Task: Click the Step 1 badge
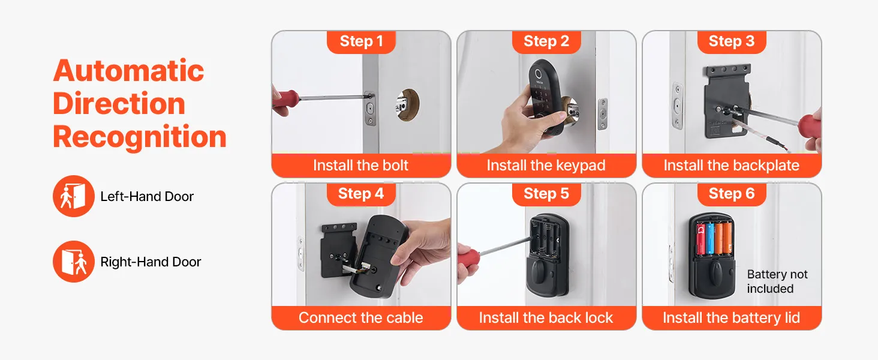click(x=361, y=41)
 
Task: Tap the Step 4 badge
click(x=361, y=194)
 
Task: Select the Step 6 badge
click(x=732, y=194)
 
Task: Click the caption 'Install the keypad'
click(x=546, y=166)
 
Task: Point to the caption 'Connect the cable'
click(x=360, y=317)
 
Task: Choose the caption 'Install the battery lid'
click(x=732, y=317)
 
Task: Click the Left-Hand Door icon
click(x=74, y=196)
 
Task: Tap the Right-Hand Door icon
click(x=74, y=262)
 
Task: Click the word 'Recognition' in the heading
click(x=140, y=137)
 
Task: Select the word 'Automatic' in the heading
click(x=128, y=71)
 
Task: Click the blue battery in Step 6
click(x=710, y=238)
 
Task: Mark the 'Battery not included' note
click(x=777, y=281)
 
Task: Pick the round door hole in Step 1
click(x=408, y=104)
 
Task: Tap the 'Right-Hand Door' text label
click(x=151, y=262)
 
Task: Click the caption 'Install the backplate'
click(x=732, y=166)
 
